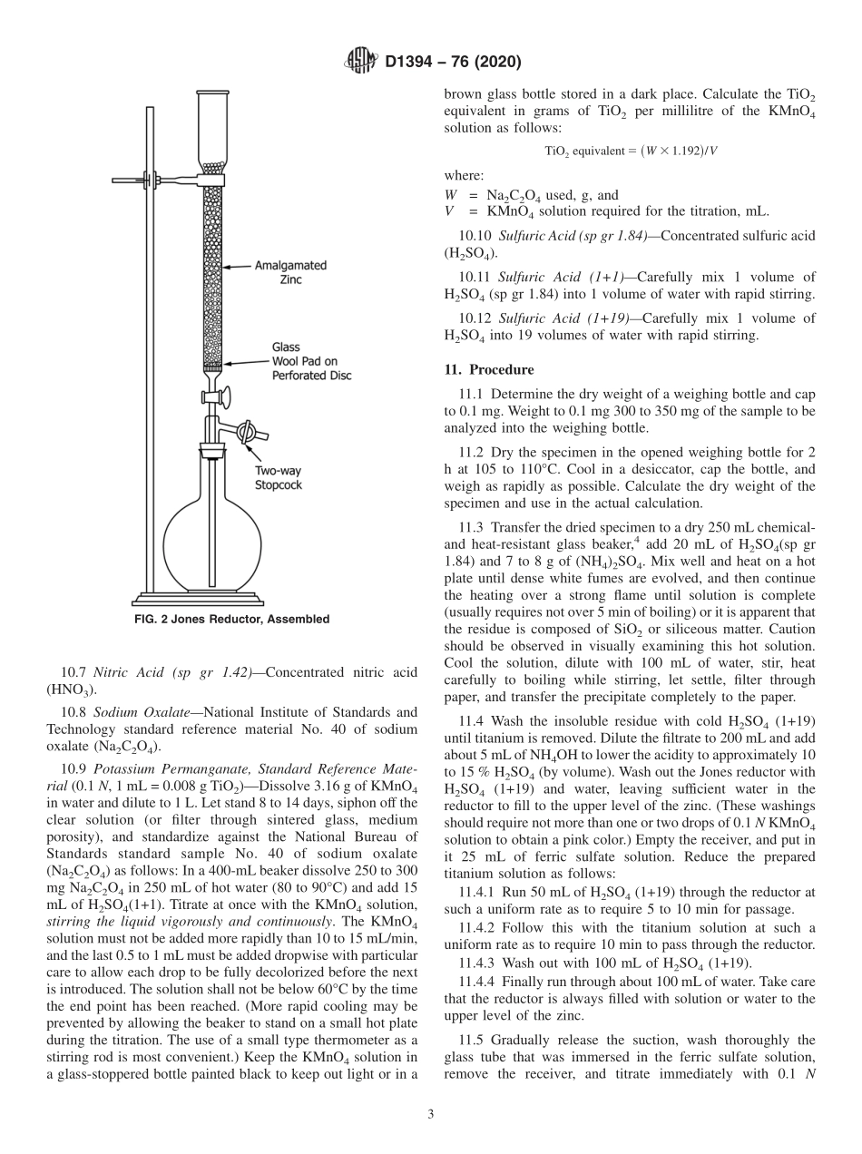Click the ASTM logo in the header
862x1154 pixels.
pos(361,62)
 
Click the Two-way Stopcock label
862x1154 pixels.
pos(277,478)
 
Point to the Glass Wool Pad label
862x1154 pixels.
pos(311,361)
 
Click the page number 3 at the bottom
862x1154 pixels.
pos(431,1114)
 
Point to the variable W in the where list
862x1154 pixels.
pos(450,195)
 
